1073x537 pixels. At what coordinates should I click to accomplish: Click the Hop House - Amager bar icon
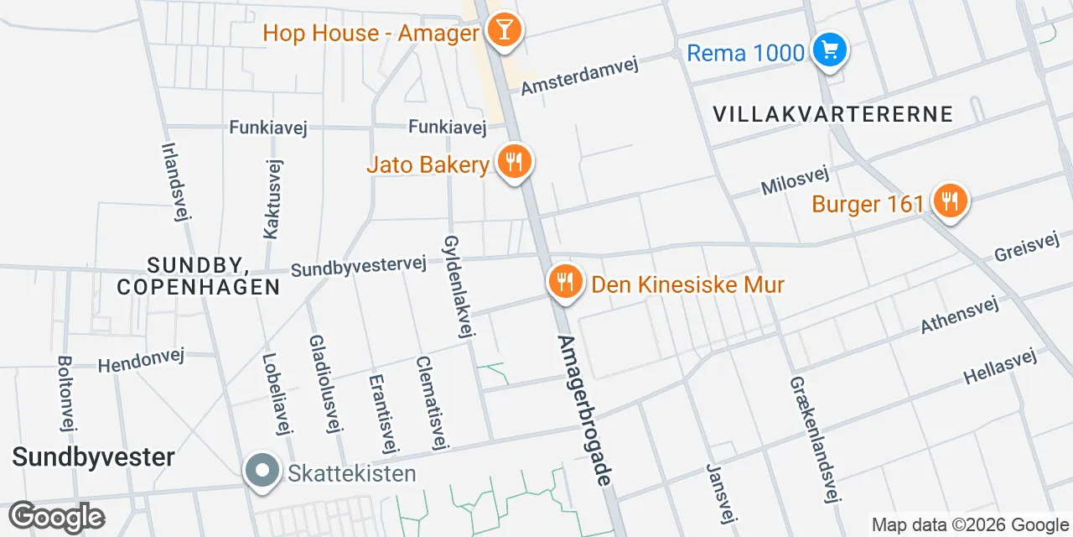pos(504,31)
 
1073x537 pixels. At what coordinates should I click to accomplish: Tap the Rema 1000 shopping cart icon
pos(830,51)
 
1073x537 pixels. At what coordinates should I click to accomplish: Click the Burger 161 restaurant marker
pos(949,202)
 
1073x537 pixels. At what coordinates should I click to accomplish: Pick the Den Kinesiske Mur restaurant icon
pos(566,283)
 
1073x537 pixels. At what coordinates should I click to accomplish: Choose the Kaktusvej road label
pos(272,199)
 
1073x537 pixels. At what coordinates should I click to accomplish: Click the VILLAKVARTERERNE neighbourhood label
pos(833,114)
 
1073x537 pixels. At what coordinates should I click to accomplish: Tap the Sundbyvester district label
pos(93,457)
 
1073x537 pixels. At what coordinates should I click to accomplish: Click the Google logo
pos(56,517)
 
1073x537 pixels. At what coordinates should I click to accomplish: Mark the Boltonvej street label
pos(66,394)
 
